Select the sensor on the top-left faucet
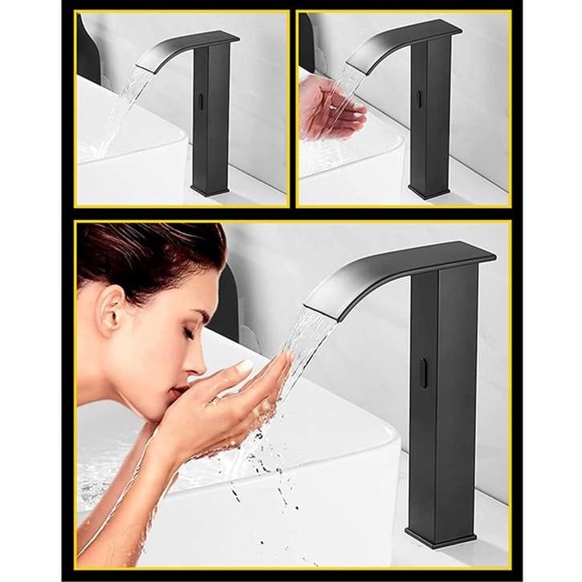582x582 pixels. tap(199, 104)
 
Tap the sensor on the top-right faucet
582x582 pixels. tap(418, 99)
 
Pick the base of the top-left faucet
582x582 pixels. tap(210, 189)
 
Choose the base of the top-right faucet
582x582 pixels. tap(429, 192)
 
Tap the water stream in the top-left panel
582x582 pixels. tap(120, 112)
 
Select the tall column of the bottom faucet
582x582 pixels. tap(442, 401)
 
